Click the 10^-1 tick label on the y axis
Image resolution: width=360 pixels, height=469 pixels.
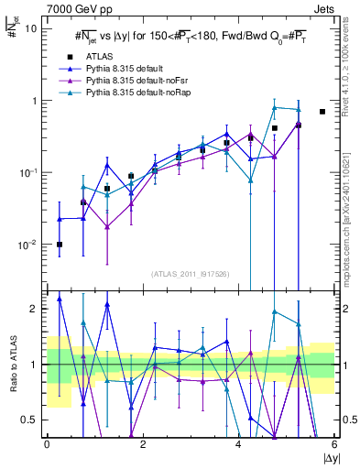[29, 172]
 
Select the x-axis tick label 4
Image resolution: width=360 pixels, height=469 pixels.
[238, 444]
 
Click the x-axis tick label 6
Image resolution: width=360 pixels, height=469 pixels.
[333, 444]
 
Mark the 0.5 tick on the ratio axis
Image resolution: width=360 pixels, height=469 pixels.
[33, 420]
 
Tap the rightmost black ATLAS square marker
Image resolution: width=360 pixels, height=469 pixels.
[322, 112]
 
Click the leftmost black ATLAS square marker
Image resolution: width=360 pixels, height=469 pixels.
[60, 245]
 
